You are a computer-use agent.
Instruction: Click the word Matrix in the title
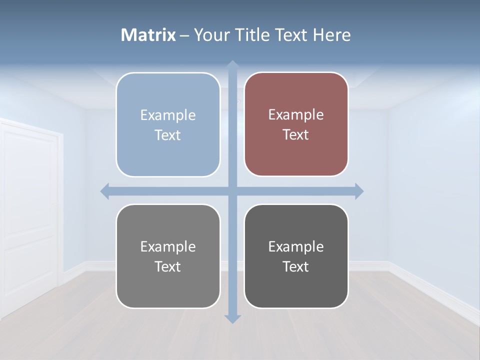(148, 35)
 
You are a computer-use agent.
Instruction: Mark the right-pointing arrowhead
(359, 191)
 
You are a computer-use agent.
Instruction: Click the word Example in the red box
(296, 115)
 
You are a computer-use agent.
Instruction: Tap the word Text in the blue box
(167, 135)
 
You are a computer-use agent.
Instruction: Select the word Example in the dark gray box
(296, 246)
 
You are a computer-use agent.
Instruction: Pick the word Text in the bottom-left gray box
(167, 267)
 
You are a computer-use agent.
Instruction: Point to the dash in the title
(184, 35)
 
